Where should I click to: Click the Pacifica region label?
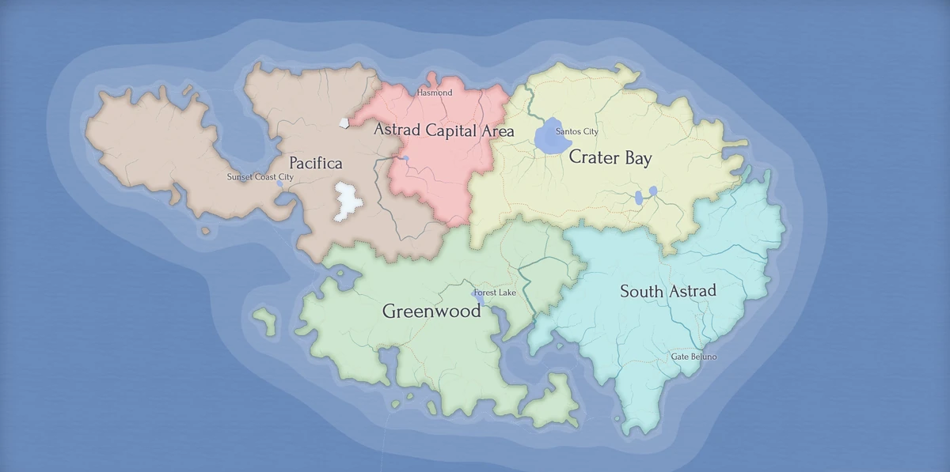[315, 164]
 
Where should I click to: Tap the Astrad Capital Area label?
[443, 130]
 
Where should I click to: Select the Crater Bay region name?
[610, 158]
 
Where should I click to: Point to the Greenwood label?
[431, 311]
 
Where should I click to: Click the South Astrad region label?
[667, 291]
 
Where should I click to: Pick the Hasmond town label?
[435, 93]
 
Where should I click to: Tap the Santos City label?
[577, 131]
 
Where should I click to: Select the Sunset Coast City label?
[260, 177]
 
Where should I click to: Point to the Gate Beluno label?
[693, 357]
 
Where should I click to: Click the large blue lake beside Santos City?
[552, 138]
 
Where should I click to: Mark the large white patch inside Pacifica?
[347, 201]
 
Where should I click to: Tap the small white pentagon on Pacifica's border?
[344, 123]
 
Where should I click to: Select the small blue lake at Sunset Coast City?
[279, 183]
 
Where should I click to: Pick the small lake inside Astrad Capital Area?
[406, 159]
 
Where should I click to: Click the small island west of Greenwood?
[264, 320]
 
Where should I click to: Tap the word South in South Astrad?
[641, 292]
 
